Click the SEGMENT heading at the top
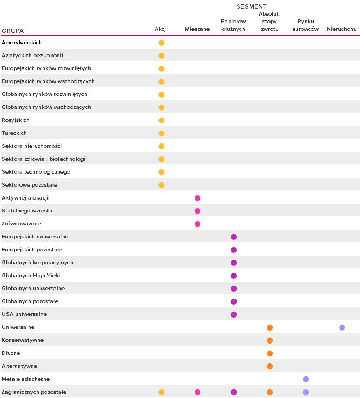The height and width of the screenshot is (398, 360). [x=251, y=6]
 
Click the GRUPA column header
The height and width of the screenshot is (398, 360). [x=12, y=31]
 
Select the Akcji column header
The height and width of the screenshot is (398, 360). [x=161, y=29]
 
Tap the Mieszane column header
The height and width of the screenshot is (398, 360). [x=197, y=29]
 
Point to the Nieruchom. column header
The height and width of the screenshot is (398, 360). [x=342, y=29]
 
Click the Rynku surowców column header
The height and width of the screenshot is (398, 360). [x=306, y=25]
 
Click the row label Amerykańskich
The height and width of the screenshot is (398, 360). [x=22, y=43]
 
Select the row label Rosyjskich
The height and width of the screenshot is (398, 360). [x=16, y=120]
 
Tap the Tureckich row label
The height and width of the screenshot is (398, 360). [x=14, y=133]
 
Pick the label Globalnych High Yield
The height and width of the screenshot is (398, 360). [x=31, y=276]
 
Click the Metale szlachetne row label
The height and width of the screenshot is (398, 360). [x=26, y=379]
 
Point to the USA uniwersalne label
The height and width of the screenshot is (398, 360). [x=24, y=314]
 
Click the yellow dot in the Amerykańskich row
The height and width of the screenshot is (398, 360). [x=161, y=43]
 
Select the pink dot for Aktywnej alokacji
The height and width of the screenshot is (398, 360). [x=197, y=198]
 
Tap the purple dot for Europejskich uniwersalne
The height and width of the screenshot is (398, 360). [x=233, y=237]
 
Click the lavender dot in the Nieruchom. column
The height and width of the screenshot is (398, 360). [x=342, y=327]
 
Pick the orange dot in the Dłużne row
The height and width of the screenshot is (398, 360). [x=269, y=353]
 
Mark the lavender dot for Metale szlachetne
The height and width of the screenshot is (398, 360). [x=306, y=379]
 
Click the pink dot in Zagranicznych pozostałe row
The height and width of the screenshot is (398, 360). [x=197, y=392]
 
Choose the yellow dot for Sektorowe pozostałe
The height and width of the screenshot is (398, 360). [x=161, y=185]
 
